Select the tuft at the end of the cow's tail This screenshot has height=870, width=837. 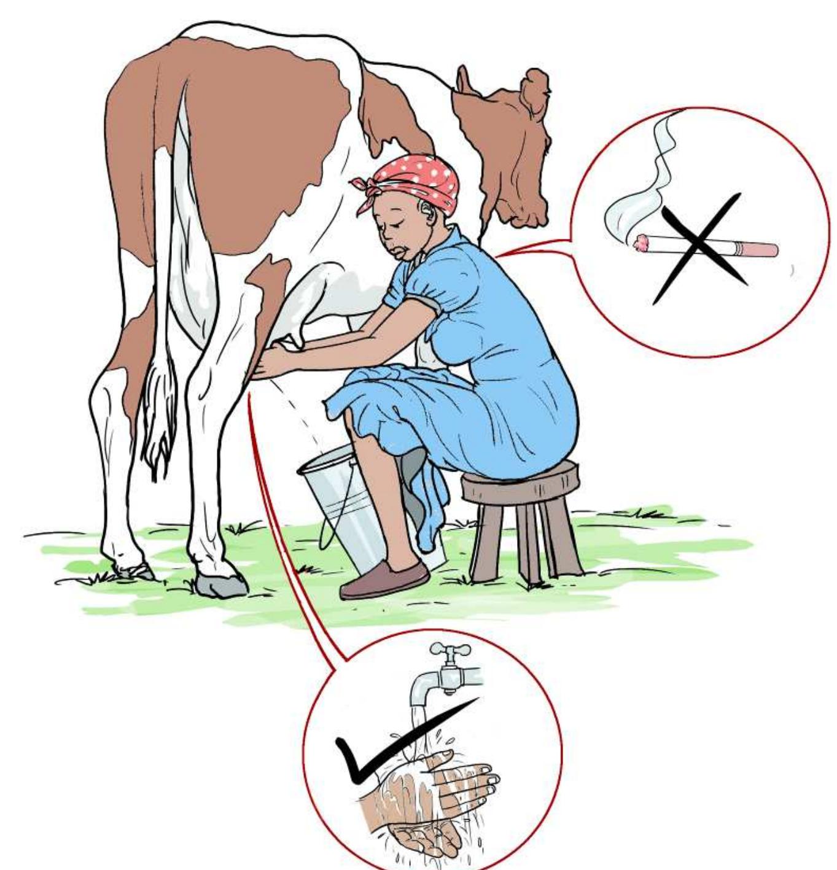point(157,430)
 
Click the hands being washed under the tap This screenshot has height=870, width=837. point(442,792)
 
